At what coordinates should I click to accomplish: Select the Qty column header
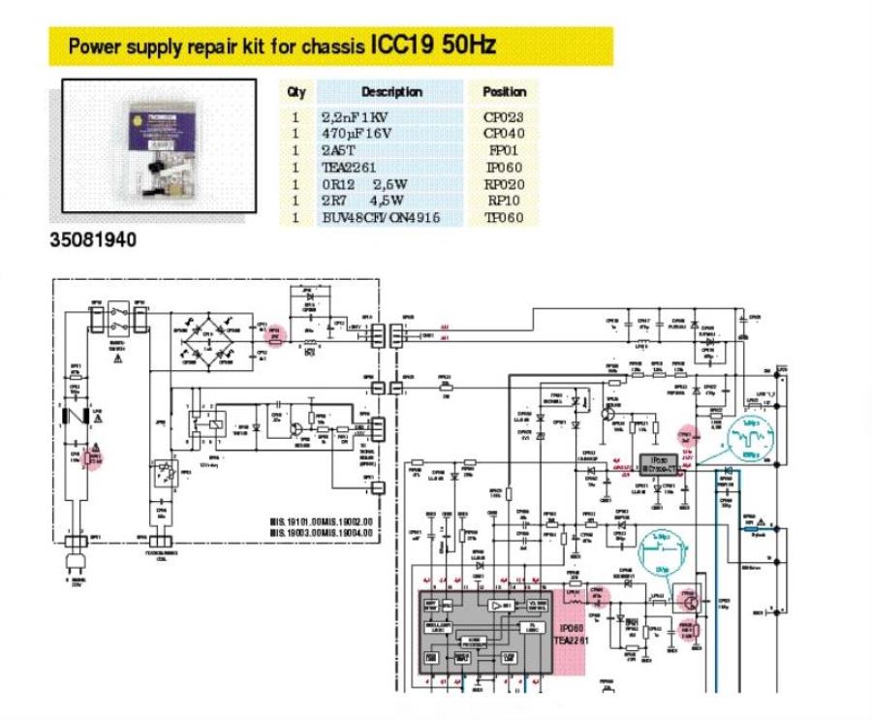(296, 92)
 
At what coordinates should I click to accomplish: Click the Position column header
(503, 92)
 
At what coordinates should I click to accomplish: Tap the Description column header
(391, 92)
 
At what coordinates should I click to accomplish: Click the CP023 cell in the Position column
(503, 115)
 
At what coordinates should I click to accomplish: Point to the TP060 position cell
(503, 218)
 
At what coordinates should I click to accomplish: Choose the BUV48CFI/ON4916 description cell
(380, 218)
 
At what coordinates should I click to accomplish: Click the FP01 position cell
(503, 149)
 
